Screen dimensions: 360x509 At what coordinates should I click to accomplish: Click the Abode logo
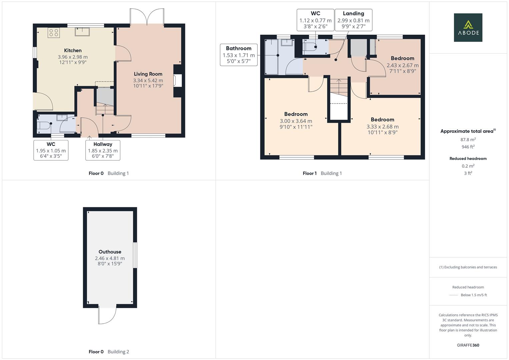(x=468, y=28)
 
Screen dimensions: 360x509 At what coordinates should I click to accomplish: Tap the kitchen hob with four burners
(x=54, y=33)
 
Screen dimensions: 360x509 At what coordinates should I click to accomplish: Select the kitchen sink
(x=82, y=32)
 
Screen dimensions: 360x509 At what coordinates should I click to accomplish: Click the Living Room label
(x=148, y=74)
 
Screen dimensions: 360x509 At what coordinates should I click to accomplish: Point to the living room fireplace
(x=177, y=81)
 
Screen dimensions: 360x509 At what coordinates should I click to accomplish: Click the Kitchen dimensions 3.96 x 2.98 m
(x=73, y=57)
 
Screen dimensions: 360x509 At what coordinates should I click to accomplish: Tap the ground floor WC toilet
(x=43, y=125)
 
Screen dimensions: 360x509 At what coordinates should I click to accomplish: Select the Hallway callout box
(x=103, y=150)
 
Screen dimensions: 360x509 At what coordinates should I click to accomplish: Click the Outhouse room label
(x=110, y=252)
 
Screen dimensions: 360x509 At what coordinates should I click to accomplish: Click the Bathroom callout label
(x=239, y=48)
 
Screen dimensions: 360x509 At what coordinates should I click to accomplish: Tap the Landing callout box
(x=353, y=20)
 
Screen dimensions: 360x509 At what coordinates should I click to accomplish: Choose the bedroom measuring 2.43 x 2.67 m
(x=402, y=65)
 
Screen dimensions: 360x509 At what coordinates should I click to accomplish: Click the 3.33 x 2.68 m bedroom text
(x=382, y=127)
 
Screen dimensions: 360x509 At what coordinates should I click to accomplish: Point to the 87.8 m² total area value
(x=468, y=140)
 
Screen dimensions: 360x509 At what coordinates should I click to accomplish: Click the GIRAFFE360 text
(x=468, y=345)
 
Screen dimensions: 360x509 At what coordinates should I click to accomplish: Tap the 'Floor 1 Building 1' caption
(x=322, y=173)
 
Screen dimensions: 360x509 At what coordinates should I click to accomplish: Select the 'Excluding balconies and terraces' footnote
(x=468, y=267)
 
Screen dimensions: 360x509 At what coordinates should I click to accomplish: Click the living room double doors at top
(x=147, y=17)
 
